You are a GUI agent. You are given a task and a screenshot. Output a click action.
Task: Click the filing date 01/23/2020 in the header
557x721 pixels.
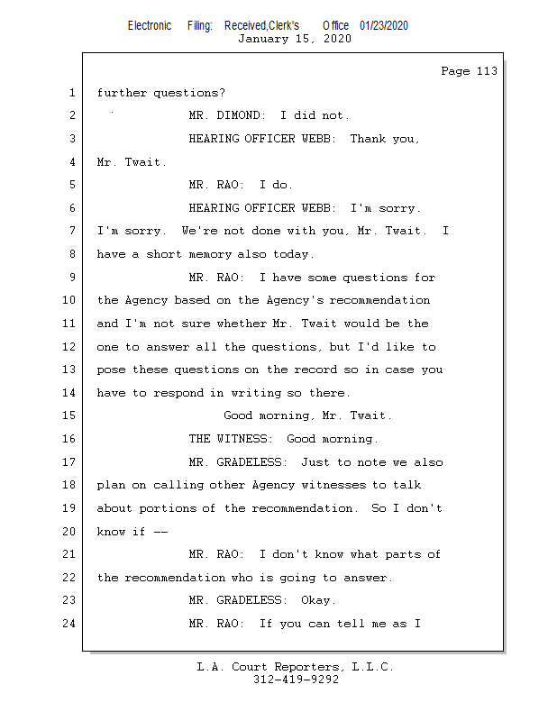[384, 25]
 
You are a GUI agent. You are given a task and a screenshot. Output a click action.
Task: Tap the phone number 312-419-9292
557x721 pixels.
[296, 680]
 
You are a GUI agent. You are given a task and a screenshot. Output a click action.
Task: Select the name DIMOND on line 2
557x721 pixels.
[241, 115]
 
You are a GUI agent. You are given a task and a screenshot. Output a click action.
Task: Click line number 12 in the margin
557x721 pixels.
[68, 346]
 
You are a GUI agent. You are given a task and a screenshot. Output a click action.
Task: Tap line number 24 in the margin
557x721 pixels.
[68, 623]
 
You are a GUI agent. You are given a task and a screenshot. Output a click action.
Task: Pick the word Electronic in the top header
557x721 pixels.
[150, 25]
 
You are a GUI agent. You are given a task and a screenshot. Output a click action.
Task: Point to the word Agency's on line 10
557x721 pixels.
[295, 300]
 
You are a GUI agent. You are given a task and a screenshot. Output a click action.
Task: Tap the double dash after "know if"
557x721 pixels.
[160, 532]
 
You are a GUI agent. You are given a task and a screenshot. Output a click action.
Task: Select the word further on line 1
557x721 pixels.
[122, 93]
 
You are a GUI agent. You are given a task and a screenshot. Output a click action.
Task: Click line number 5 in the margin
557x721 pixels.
[72, 185]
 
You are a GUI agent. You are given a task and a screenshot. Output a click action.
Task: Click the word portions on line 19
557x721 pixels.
[168, 508]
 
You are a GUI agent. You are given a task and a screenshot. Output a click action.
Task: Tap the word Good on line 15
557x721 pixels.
[238, 415]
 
